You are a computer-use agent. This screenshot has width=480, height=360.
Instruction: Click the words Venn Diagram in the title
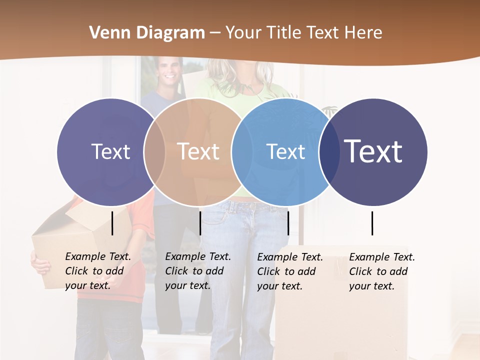click(x=147, y=33)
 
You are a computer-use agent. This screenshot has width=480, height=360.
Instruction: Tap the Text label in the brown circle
click(x=198, y=151)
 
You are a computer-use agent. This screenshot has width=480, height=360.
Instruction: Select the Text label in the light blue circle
click(x=285, y=151)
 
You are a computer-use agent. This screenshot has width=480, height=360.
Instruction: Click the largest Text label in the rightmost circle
click(x=373, y=151)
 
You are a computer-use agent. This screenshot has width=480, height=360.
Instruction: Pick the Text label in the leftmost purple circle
click(x=110, y=151)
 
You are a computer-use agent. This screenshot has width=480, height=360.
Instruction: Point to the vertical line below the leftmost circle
click(x=112, y=223)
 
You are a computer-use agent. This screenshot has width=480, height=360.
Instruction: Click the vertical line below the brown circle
click(x=200, y=223)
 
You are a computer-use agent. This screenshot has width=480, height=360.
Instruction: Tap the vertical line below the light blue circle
click(x=288, y=223)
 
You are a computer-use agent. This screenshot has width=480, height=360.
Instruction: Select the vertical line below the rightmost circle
click(x=372, y=223)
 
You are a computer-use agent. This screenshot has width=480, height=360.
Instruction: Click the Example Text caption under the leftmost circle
click(x=97, y=271)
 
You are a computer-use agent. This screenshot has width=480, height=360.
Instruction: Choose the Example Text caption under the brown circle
click(x=197, y=271)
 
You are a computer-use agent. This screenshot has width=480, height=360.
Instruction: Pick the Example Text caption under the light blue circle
click(x=289, y=271)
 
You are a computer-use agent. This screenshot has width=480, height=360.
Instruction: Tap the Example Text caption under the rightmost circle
click(x=381, y=271)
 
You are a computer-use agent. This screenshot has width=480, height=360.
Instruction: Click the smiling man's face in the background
click(x=169, y=71)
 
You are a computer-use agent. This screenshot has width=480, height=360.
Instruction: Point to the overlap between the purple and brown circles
click(x=154, y=151)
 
